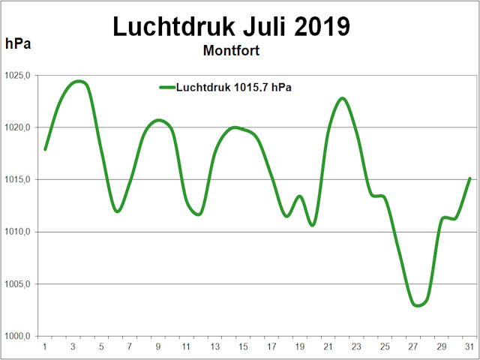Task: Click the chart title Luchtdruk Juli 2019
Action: coord(232,26)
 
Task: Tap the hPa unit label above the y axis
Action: coord(18,43)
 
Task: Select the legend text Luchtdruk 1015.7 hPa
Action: coord(233,88)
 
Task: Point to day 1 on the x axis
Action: coord(45,346)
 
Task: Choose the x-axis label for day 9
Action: coord(158,346)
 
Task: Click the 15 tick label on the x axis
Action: coord(244,346)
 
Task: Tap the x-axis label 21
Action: coord(328,346)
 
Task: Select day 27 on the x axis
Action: coord(413,346)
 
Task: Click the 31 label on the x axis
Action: coord(469,346)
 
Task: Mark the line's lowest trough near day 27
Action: coord(418,305)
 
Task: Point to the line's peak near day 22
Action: coord(342,98)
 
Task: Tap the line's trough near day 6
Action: coord(117,211)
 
